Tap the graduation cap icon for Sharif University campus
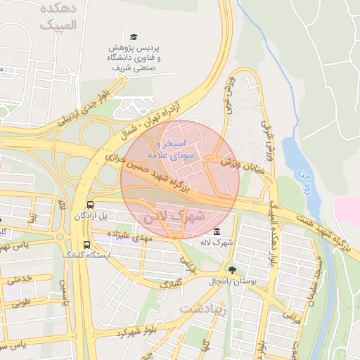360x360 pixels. (x=134, y=37)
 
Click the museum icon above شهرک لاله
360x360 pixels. (x=216, y=232)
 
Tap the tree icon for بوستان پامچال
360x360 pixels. (x=233, y=270)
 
